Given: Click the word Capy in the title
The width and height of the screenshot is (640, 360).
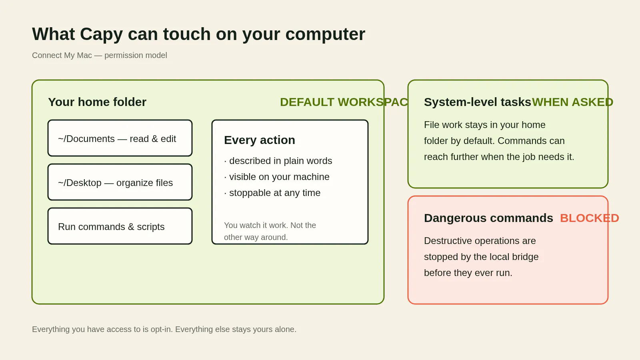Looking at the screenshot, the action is [102, 34].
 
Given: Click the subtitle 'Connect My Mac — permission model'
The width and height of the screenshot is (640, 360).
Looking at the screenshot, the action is [100, 55].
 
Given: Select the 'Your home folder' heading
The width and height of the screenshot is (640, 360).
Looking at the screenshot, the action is [97, 102].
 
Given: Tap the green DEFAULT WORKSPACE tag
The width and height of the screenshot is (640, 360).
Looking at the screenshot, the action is [344, 102].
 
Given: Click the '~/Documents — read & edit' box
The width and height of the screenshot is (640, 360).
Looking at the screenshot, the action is [120, 138].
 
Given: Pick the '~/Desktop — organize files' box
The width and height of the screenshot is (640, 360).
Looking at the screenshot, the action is [120, 182].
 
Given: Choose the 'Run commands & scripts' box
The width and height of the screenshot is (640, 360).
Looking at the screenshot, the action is [120, 226].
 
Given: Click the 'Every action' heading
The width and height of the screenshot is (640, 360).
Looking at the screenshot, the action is [260, 140].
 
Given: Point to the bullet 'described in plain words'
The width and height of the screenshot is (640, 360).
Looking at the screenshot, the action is [278, 161].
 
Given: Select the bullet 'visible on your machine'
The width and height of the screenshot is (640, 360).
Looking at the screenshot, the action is [276, 177].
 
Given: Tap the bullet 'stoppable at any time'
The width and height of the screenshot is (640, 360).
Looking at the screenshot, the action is [272, 193].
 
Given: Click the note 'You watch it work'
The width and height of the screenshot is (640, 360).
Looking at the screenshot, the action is [270, 231].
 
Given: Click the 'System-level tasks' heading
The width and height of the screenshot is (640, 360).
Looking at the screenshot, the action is [478, 102].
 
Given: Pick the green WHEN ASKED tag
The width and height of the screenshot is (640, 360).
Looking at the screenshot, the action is [572, 102].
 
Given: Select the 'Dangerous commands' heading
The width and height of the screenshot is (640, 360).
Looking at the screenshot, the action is [488, 218].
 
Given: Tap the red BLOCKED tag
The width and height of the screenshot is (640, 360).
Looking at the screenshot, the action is [590, 218].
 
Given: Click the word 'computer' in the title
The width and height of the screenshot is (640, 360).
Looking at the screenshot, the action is [325, 35].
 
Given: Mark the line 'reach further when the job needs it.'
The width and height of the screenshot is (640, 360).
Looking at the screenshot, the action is [499, 157].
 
